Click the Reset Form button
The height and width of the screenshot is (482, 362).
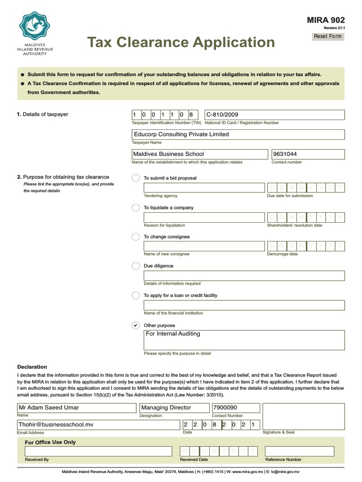coord(328,36)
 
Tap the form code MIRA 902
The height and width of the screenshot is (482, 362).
coord(326,20)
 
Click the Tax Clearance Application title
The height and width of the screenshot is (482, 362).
coord(181,42)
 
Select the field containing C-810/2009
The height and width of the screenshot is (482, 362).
coord(274,115)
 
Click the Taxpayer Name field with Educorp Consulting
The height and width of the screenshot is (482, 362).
coord(238,135)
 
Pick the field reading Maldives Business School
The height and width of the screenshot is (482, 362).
coord(199,154)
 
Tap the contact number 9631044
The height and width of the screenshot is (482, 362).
coord(308,154)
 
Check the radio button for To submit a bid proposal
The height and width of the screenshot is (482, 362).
coord(136,178)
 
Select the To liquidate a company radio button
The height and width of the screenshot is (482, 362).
coord(136,208)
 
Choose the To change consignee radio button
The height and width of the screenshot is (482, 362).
coord(136,237)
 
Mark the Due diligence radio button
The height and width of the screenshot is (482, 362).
coord(136,266)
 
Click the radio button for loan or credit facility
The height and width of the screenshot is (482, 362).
coord(136,296)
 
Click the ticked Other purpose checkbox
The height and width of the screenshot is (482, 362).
coord(136,325)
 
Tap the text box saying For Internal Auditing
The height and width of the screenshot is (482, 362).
coord(244,340)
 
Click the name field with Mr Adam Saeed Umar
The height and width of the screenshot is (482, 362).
coord(77,408)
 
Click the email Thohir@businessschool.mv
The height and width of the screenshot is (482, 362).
coord(98,425)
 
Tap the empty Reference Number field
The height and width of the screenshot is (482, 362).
coord(299,451)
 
